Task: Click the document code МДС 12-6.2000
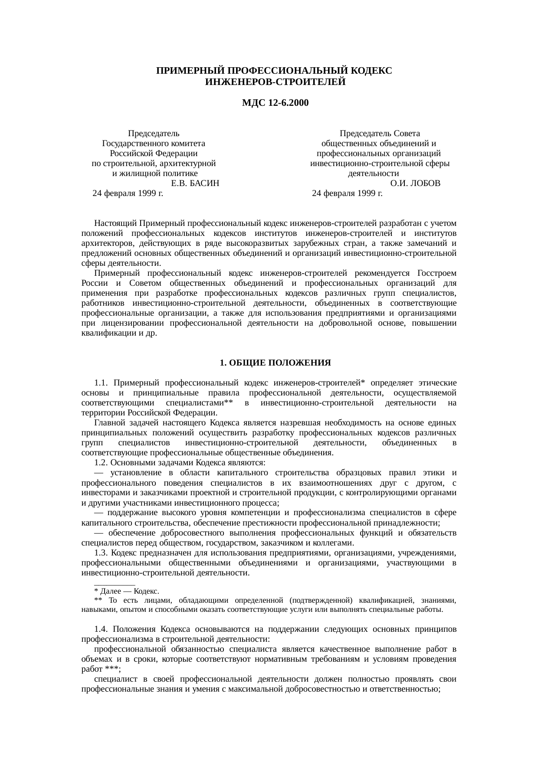[275, 103]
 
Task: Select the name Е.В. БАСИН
[195, 183]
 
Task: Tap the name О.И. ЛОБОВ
[415, 183]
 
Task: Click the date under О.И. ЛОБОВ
[347, 193]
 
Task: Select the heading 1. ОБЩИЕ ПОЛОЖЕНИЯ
[275, 363]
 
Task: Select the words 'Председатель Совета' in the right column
[380, 134]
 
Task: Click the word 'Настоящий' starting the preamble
[116, 224]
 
